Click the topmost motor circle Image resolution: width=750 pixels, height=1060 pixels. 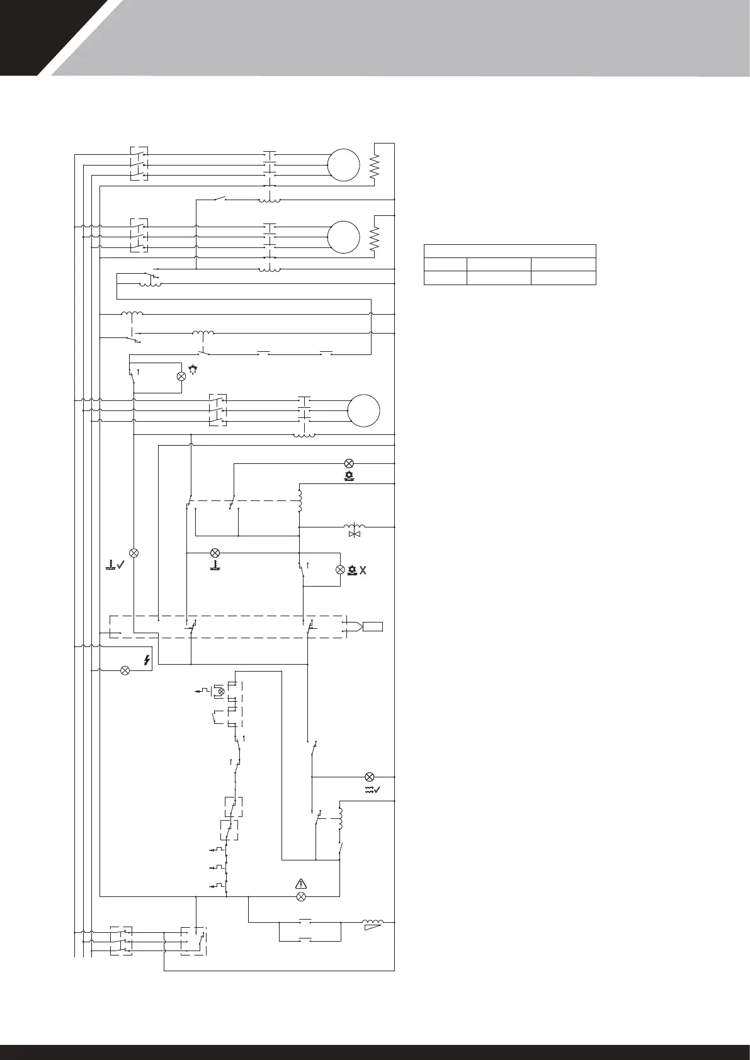(x=343, y=165)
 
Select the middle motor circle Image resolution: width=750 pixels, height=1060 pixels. (x=343, y=237)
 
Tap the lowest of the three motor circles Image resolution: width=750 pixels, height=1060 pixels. (x=364, y=410)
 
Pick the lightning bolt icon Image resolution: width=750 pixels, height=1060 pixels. (x=147, y=660)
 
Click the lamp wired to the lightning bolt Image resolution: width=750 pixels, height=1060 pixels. (x=125, y=670)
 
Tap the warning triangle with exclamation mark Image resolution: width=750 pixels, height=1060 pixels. (x=300, y=883)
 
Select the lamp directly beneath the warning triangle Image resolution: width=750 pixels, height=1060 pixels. (x=300, y=896)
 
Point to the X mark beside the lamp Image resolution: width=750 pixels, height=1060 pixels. (x=362, y=570)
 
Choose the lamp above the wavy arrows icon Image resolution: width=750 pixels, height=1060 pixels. (x=370, y=776)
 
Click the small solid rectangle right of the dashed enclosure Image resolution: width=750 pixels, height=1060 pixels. (x=372, y=626)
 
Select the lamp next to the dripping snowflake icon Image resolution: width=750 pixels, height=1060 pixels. (x=181, y=376)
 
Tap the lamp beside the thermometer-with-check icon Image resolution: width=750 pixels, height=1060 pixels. (x=134, y=553)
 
